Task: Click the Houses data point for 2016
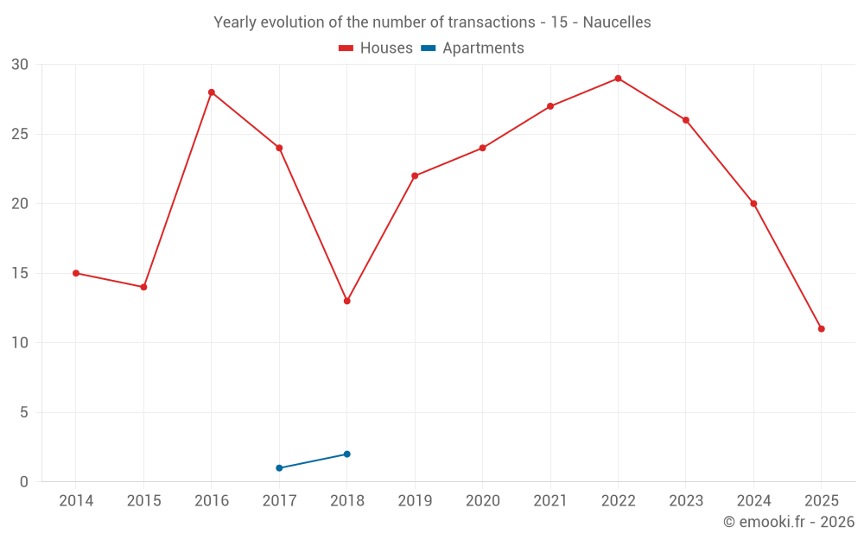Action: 212,92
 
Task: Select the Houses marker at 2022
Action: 618,79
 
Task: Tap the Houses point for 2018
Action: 346,301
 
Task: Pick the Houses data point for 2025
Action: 821,329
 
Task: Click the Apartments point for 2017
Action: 279,468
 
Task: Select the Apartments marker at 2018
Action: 346,454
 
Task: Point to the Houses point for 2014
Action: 76,273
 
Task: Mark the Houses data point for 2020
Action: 482,148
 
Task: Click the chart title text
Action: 432,22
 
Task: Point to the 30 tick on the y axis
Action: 20,65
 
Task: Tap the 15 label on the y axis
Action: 20,273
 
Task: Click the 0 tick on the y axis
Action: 24,482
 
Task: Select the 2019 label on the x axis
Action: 415,501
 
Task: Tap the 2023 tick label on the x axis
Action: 685,501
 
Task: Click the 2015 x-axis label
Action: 143,501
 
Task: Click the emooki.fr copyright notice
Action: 788,522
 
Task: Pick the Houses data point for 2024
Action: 753,204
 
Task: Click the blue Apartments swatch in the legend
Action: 428,48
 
